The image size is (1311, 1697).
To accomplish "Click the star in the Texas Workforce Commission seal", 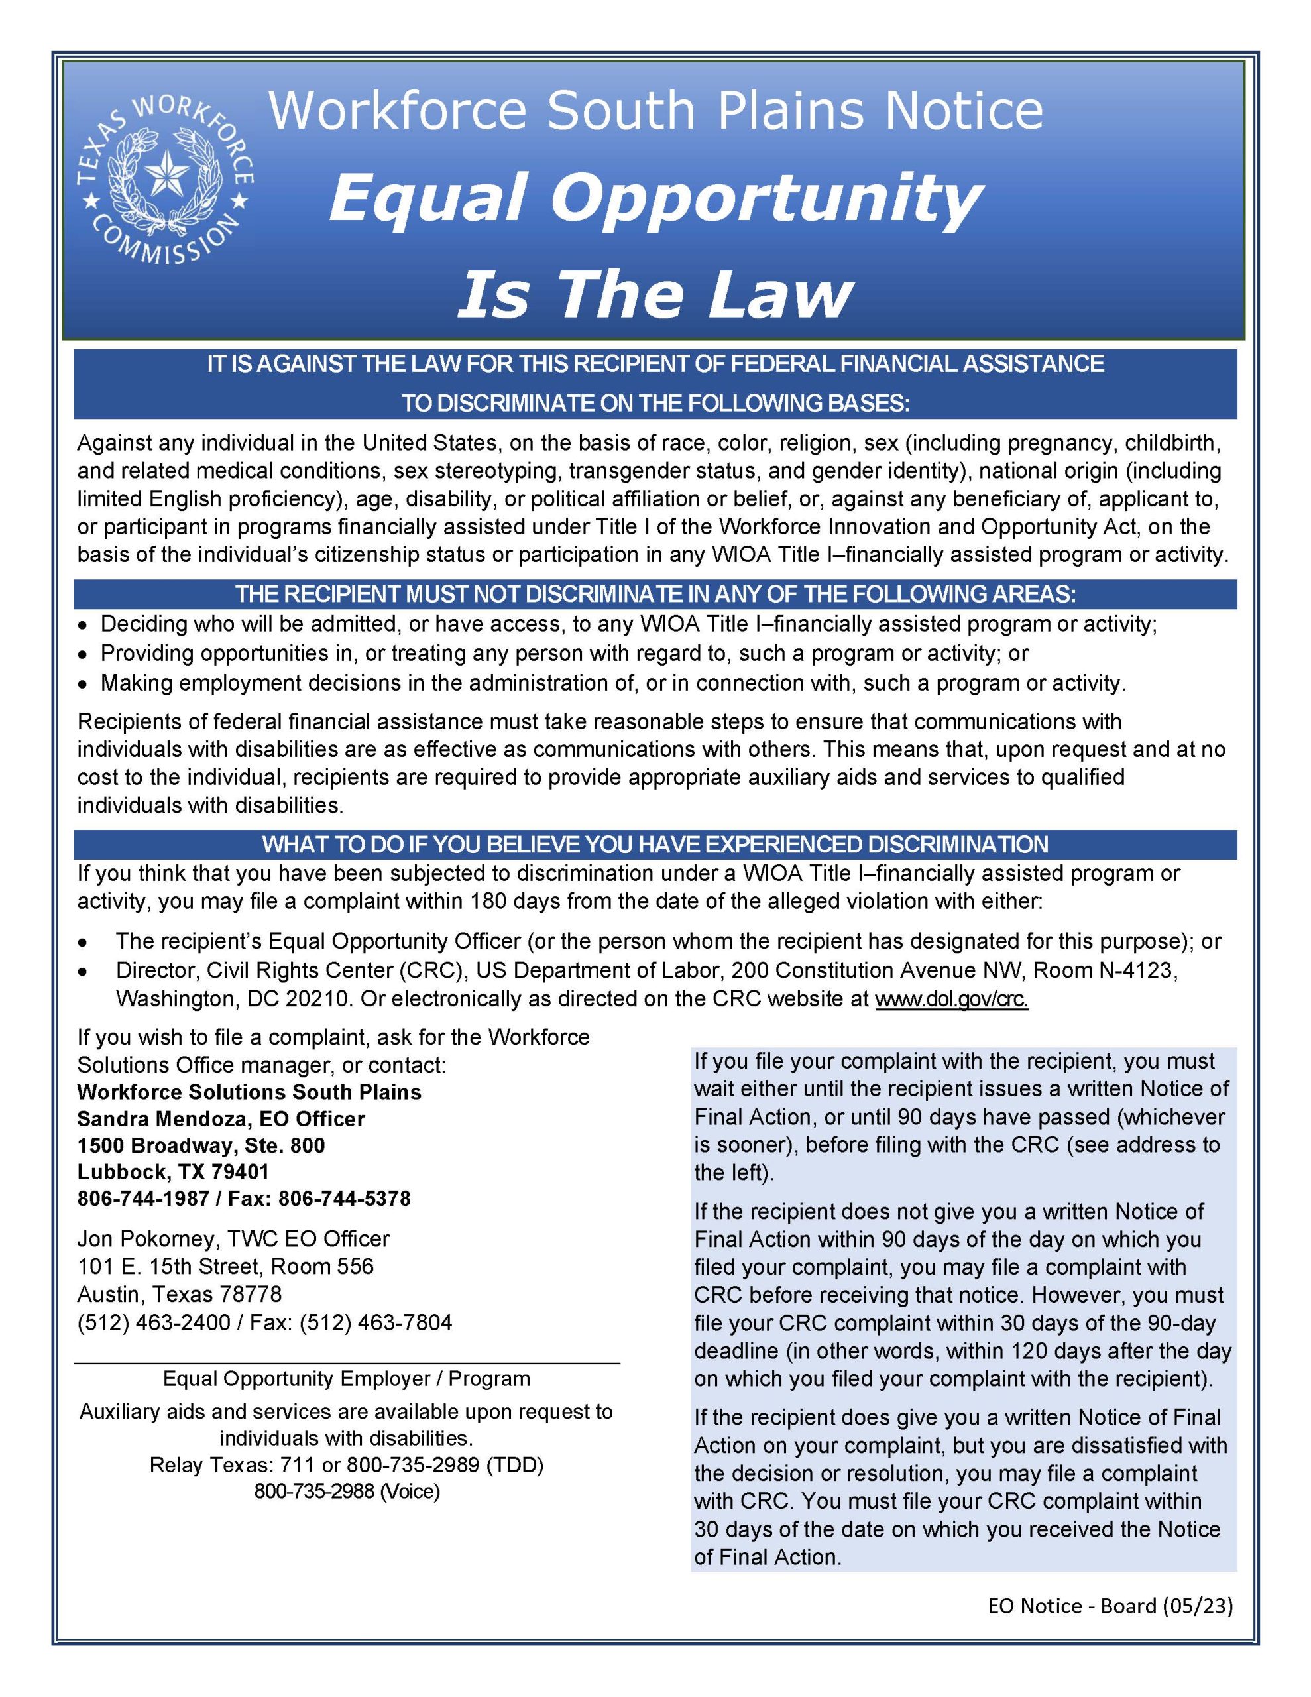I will [x=167, y=172].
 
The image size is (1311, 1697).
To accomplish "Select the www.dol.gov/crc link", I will [x=951, y=998].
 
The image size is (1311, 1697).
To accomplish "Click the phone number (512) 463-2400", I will [x=154, y=1322].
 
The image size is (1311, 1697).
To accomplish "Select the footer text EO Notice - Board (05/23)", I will [x=1110, y=1606].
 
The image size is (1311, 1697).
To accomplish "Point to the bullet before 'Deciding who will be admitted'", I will [x=84, y=626].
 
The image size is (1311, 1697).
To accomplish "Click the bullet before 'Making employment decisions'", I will [x=84, y=685].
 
